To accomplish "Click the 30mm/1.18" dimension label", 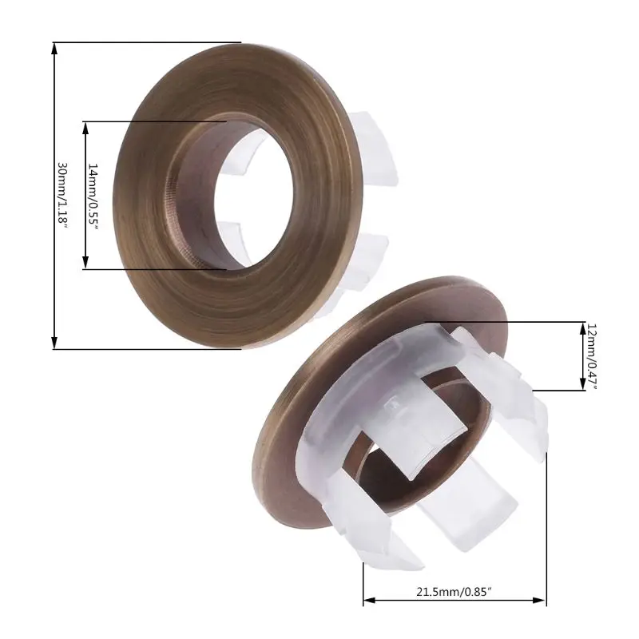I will pos(62,196).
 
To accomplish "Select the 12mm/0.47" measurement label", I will pos(592,355).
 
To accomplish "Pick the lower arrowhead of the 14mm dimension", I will pos(85,264).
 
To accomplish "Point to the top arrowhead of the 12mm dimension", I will pos(581,327).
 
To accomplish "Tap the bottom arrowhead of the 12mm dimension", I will pos(581,386).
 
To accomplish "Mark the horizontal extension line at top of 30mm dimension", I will pos(144,42).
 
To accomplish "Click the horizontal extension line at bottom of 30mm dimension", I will pos(144,349).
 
